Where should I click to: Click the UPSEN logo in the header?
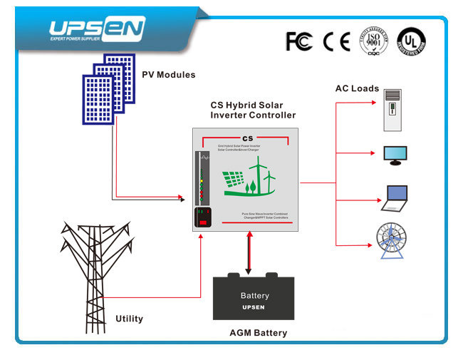[x=96, y=29]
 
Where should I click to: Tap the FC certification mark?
[x=299, y=41]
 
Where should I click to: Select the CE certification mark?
[x=336, y=41]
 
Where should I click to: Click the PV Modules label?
[x=168, y=75]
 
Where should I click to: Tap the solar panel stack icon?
[x=108, y=85]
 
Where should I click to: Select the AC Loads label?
[x=357, y=88]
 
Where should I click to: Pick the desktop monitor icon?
[x=395, y=155]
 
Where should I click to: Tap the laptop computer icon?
[x=395, y=199]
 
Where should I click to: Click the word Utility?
[x=129, y=319]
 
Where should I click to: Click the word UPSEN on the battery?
[x=254, y=307]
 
